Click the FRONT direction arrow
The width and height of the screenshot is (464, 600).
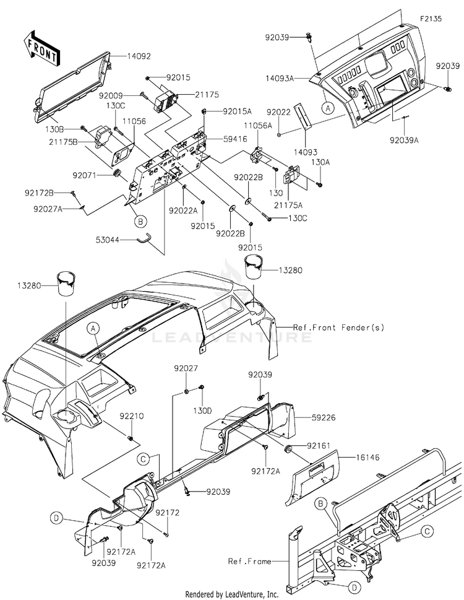(x=40, y=48)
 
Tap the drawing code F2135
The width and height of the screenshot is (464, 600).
(x=431, y=19)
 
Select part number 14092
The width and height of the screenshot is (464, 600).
(x=139, y=56)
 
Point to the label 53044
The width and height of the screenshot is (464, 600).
(x=108, y=240)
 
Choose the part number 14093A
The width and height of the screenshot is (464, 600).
(x=280, y=79)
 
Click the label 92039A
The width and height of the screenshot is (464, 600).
(x=404, y=141)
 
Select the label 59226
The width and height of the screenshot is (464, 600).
(x=324, y=417)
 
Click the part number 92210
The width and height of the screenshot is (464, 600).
(x=132, y=416)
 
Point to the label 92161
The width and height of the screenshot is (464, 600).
(x=319, y=446)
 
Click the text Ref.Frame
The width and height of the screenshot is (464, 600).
(x=249, y=562)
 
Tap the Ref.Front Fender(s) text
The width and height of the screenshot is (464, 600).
(x=338, y=328)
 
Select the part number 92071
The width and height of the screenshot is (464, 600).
(x=85, y=176)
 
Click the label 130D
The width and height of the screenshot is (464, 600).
(x=202, y=411)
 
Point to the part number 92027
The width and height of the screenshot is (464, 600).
(x=186, y=368)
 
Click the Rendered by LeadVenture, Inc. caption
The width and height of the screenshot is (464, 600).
(x=231, y=594)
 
